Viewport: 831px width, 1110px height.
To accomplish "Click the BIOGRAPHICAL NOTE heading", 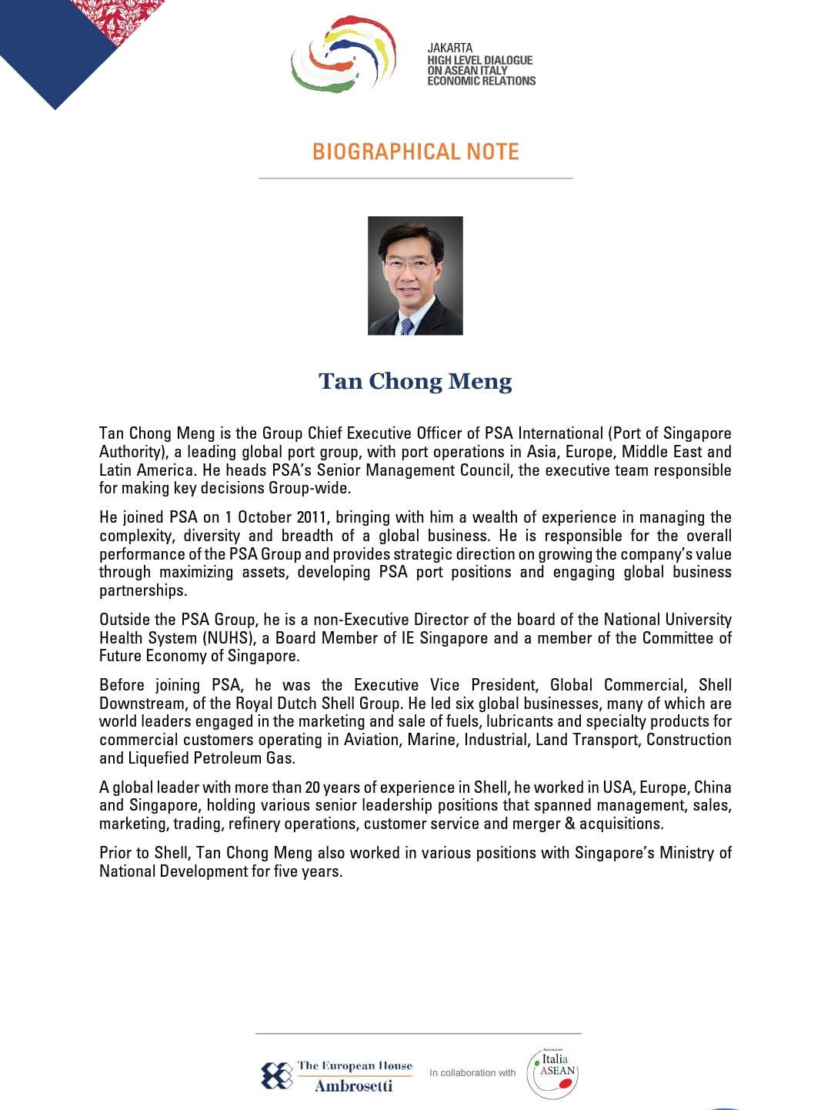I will click(415, 152).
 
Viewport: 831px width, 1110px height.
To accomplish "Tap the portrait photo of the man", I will click(415, 276).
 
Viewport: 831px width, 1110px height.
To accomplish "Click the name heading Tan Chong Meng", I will click(415, 381).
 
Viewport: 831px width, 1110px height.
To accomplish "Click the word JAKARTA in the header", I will click(450, 48).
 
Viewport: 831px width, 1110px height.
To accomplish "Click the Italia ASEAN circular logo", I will click(552, 1073).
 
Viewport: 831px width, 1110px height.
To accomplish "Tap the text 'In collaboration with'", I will click(472, 1073).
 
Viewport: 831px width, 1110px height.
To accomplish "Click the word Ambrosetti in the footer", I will click(354, 1086).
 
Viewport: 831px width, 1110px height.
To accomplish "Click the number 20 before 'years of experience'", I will click(312, 787).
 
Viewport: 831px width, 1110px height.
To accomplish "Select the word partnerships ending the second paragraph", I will click(142, 590).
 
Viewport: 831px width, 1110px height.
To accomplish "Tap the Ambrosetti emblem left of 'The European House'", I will click(277, 1075).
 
